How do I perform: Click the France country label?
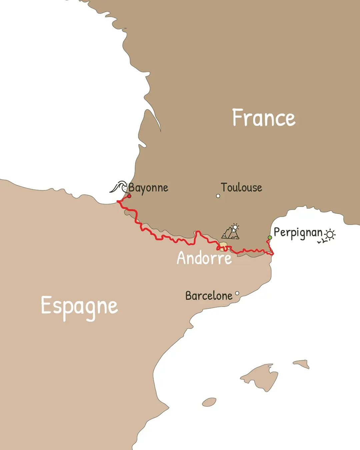263,118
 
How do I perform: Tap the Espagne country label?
79,306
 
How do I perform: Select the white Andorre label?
204,258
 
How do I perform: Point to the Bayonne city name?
148,188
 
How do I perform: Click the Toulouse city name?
241,187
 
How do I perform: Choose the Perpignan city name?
298,233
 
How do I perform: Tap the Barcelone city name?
209,296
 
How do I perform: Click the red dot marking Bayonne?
129,196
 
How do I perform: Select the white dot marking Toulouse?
218,196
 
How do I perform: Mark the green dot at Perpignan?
270,238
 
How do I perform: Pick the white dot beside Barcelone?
237,293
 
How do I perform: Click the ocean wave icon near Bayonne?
119,187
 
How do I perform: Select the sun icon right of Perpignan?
330,234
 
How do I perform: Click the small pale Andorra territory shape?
223,247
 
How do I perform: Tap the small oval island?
209,402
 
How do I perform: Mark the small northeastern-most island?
302,364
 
